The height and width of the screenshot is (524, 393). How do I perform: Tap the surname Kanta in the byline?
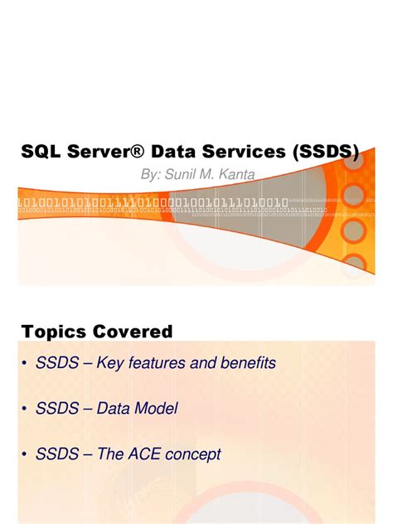tap(235, 175)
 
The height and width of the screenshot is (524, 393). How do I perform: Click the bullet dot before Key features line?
tap(26, 363)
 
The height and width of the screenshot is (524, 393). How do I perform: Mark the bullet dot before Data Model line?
tap(26, 409)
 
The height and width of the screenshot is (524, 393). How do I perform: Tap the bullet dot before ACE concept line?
tap(26, 454)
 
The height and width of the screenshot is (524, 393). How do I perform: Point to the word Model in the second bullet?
tap(155, 409)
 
